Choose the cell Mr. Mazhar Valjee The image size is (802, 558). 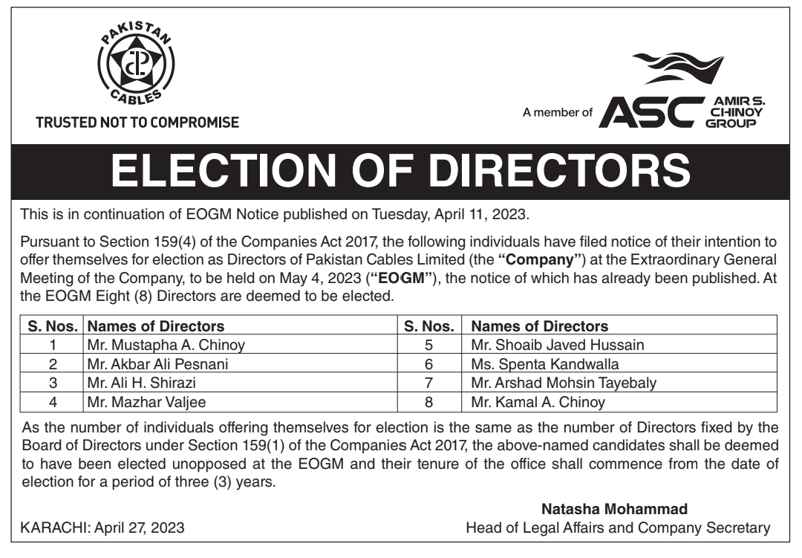134,403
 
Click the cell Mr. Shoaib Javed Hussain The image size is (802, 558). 558,344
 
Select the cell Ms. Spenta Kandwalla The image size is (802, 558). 545,364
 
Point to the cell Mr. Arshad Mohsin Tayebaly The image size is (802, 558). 564,383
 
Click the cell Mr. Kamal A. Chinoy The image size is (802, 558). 538,403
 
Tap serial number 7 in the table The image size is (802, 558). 428,383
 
